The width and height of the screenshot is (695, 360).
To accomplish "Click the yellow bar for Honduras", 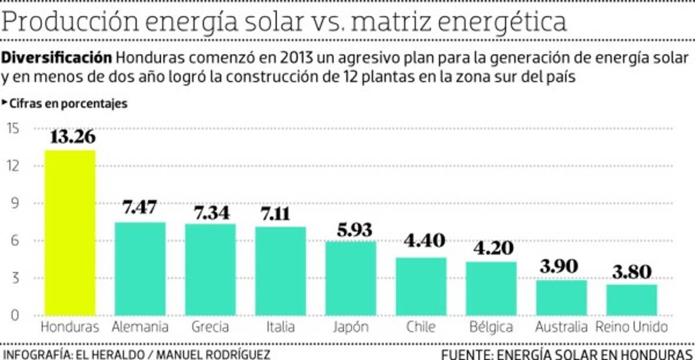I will (x=70, y=233).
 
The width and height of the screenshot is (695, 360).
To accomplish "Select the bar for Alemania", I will (x=140, y=269).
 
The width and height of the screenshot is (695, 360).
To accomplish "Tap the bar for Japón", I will (x=350, y=278).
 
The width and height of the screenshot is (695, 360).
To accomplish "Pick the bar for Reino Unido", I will (x=632, y=300).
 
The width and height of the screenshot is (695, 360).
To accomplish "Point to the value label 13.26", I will (x=72, y=138).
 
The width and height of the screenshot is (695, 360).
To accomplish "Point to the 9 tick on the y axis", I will (x=16, y=204).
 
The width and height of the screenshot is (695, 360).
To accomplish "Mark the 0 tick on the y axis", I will (x=16, y=316).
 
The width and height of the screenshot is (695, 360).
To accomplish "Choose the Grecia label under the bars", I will (x=210, y=327).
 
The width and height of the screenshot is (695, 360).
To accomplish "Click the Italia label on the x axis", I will (x=280, y=327).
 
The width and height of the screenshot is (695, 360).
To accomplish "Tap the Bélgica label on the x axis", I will (x=491, y=327).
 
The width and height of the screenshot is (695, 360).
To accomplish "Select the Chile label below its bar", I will (x=421, y=327).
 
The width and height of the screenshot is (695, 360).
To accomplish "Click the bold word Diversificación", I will (x=57, y=58).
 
